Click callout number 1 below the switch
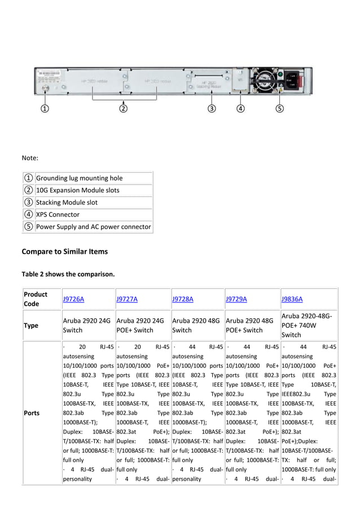click(x=45, y=108)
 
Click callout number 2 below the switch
click(x=124, y=108)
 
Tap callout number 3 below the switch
click(x=211, y=108)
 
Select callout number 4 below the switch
click(x=240, y=108)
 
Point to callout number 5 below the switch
click(x=280, y=108)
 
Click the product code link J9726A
click(x=73, y=299)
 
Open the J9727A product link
click(x=127, y=299)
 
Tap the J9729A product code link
click(x=236, y=299)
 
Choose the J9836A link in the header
click(x=292, y=299)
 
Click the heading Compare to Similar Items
click(x=64, y=251)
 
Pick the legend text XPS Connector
click(x=58, y=214)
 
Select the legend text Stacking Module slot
click(x=67, y=202)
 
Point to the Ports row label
click(x=32, y=413)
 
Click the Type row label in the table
click(x=30, y=326)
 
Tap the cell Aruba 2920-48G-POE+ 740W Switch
click(x=308, y=326)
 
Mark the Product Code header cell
click(x=36, y=299)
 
